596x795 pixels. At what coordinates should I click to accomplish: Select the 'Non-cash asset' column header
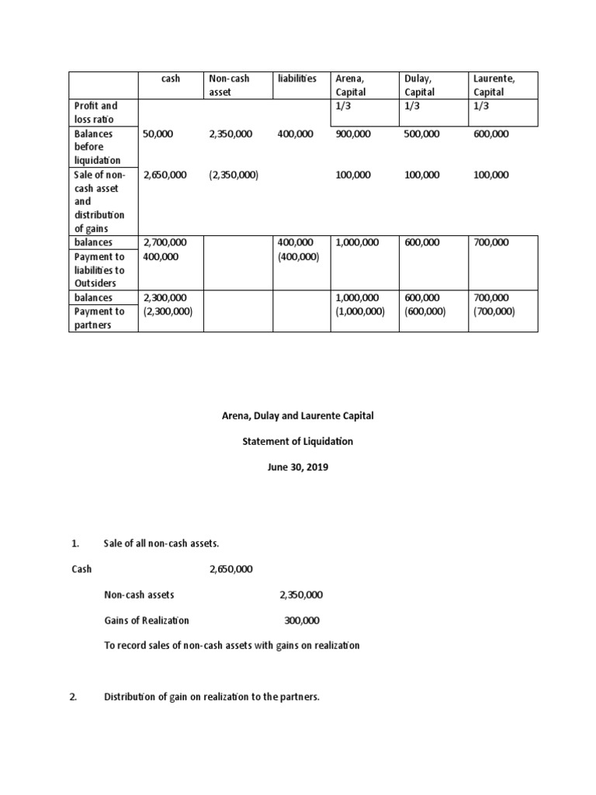point(229,85)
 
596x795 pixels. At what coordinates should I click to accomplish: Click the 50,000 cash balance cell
point(158,134)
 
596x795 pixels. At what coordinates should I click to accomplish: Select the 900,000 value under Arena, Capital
point(353,134)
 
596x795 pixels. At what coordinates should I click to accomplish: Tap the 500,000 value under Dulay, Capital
point(421,134)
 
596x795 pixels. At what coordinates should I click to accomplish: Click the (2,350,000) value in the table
point(234,175)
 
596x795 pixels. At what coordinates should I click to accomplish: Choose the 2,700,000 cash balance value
point(165,242)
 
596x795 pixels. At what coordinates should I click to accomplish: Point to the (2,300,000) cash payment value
point(168,311)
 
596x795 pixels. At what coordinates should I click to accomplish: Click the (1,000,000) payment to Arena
point(359,311)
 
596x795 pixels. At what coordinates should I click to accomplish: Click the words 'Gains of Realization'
point(147,620)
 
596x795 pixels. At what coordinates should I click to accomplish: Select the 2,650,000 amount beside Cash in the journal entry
point(230,569)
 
